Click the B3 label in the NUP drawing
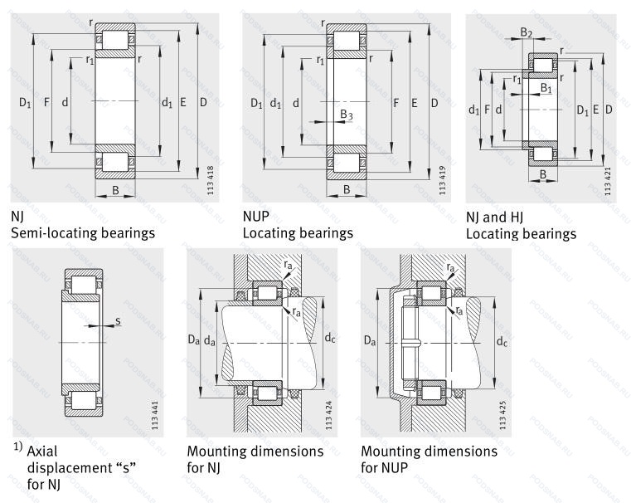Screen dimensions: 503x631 346,115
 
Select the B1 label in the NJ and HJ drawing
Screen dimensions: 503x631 544,87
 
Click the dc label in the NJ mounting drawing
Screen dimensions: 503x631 330,339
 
